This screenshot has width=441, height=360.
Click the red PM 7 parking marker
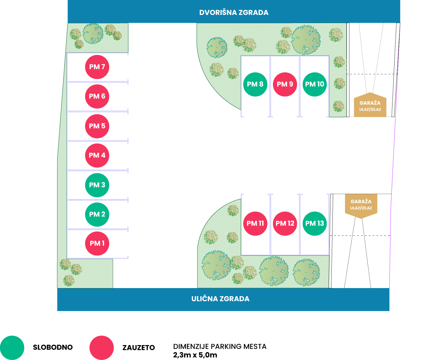tap(97, 67)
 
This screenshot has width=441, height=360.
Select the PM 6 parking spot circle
tap(97, 96)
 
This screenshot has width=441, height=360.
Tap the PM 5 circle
tap(97, 126)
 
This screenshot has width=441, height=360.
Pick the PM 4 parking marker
tap(97, 155)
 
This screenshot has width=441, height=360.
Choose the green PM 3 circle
tap(97, 185)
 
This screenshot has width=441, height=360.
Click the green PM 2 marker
tap(97, 214)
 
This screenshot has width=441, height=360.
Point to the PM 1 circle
tap(97, 243)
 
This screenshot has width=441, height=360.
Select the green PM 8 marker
tap(255, 84)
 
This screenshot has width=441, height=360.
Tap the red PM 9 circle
tap(285, 84)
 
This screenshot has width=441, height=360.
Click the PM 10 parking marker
tap(314, 84)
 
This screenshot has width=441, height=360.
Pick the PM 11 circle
tap(255, 223)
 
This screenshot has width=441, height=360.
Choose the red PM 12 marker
tap(285, 223)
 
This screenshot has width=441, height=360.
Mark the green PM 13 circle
tap(314, 223)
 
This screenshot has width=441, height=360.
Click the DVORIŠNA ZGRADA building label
tap(234, 13)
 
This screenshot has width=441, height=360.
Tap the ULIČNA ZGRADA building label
tap(220, 299)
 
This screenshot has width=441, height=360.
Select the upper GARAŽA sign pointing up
tap(370, 105)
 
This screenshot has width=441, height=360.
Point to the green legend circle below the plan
tap(12, 347)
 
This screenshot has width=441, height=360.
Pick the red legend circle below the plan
tap(101, 347)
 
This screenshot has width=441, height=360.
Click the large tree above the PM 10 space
tap(306, 40)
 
